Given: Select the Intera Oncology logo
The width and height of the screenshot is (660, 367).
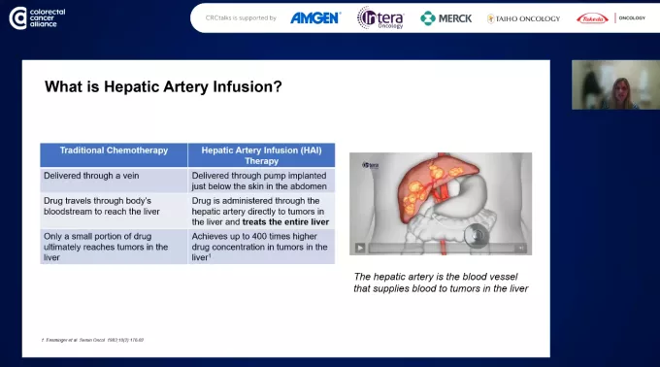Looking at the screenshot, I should [x=379, y=17].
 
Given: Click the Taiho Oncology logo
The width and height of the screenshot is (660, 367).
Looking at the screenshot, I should [x=525, y=17].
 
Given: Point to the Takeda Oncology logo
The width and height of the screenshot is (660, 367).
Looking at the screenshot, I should [x=610, y=17].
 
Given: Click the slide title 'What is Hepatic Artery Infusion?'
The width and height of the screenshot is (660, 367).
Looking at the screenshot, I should [x=163, y=87].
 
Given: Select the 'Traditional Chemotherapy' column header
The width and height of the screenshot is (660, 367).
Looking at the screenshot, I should [x=114, y=150].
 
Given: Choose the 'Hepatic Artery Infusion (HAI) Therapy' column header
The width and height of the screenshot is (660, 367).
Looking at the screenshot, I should [x=261, y=155].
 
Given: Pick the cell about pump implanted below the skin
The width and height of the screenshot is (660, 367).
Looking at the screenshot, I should [x=261, y=181].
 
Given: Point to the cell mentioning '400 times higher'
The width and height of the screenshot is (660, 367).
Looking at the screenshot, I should [x=261, y=247].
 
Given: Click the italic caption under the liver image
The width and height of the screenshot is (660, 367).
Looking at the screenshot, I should [x=440, y=283].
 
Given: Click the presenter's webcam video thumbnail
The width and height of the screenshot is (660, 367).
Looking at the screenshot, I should [x=614, y=84].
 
